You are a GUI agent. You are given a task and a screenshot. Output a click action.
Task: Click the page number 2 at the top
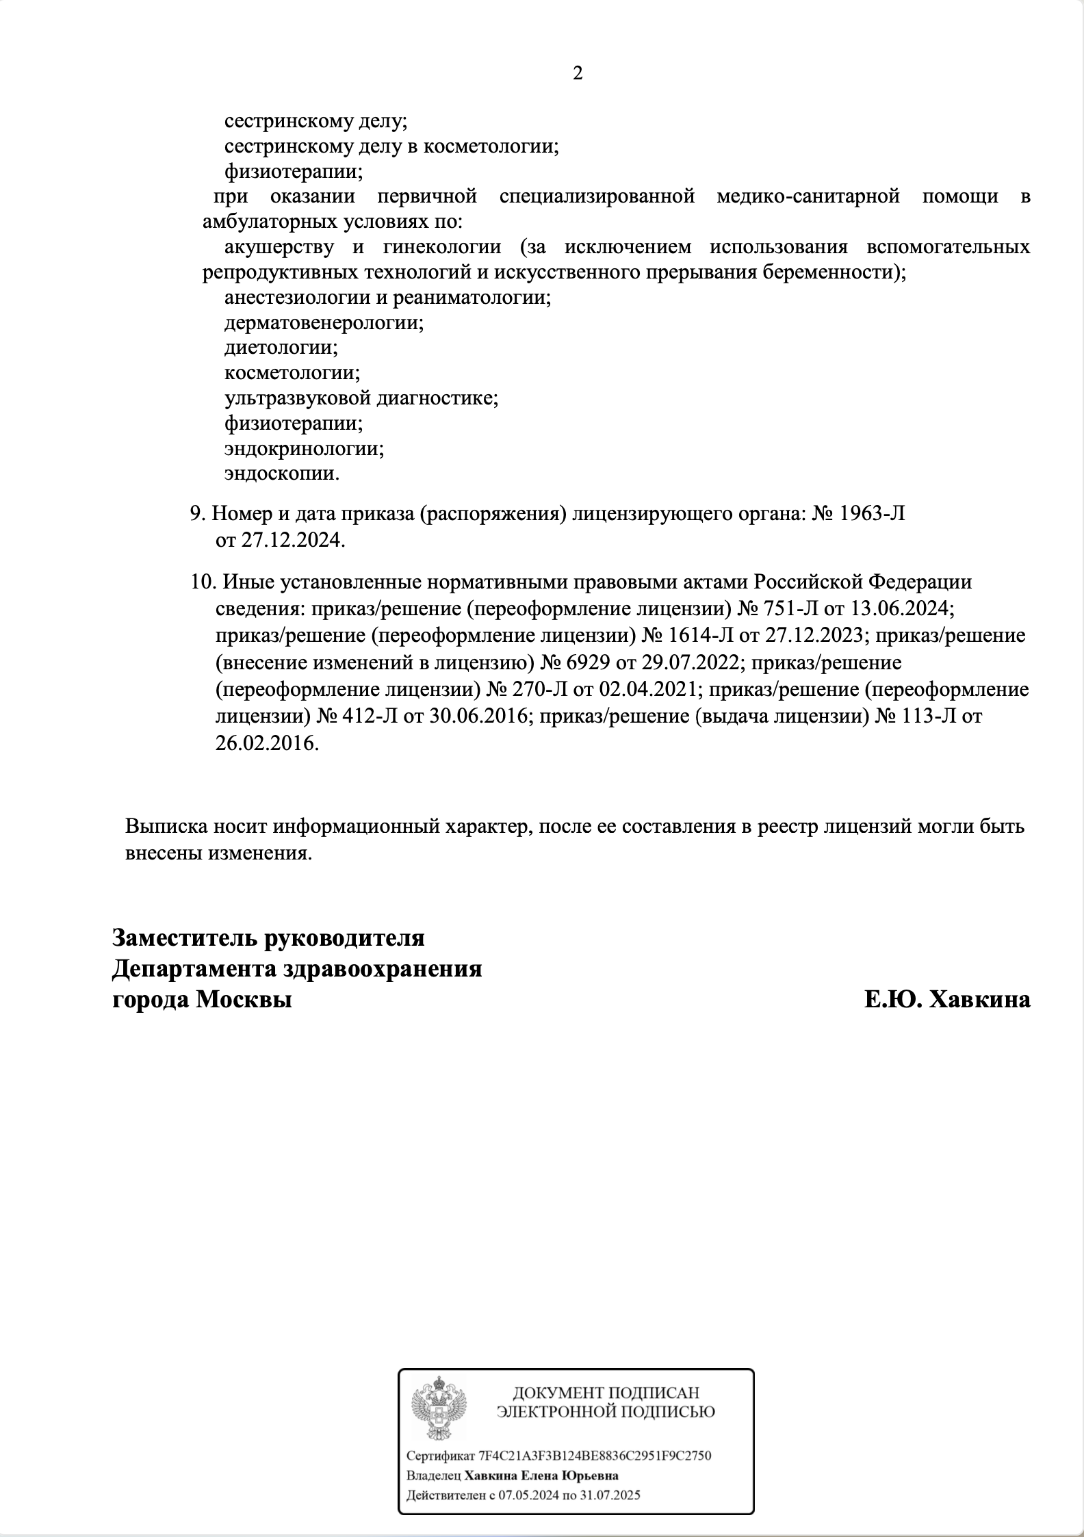pos(578,73)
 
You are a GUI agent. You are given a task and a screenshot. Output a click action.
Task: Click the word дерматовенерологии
pos(324,322)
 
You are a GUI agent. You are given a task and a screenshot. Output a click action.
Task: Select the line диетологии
pos(281,348)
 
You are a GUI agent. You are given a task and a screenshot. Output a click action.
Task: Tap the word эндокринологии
pos(304,448)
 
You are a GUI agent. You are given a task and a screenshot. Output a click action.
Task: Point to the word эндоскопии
pos(282,474)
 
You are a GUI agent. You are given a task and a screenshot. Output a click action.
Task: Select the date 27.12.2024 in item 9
pos(292,541)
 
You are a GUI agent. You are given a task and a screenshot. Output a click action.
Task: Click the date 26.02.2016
pos(267,743)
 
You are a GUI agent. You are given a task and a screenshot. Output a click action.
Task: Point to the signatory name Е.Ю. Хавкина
pos(947,1000)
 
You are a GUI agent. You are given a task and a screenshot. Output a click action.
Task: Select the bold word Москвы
pos(244,1000)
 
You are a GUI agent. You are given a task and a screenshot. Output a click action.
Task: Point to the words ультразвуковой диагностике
pos(361,398)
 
